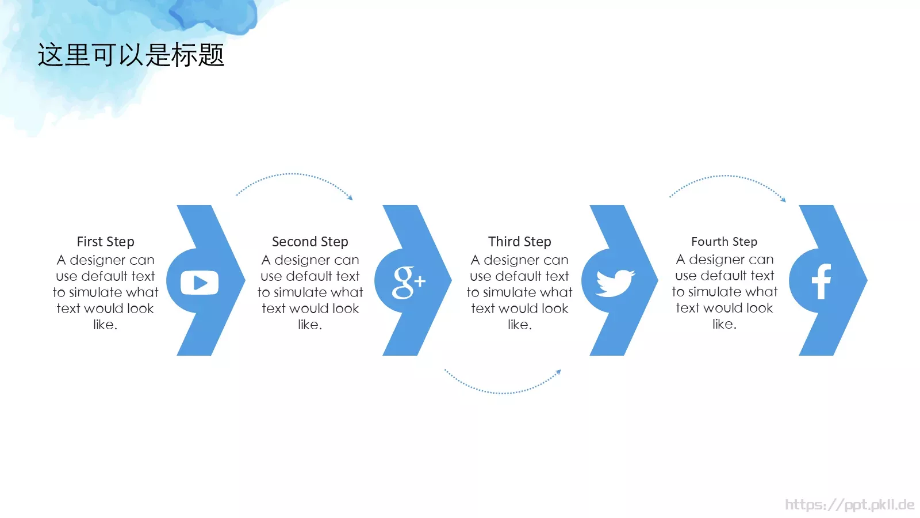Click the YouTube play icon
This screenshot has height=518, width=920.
point(199,283)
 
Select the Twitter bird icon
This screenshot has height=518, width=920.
point(615,283)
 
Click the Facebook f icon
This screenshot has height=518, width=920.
point(822,281)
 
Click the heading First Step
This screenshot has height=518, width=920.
point(106,242)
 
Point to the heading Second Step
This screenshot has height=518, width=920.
point(310,242)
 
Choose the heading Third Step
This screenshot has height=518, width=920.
point(520,242)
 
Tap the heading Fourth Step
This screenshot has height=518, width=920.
point(724,242)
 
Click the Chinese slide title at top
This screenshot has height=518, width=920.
point(131,55)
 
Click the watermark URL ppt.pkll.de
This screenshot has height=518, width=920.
point(850,504)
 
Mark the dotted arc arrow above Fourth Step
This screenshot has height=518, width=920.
point(726,176)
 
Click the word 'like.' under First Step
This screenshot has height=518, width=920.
point(105,325)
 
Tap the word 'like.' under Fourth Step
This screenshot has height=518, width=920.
point(724,325)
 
